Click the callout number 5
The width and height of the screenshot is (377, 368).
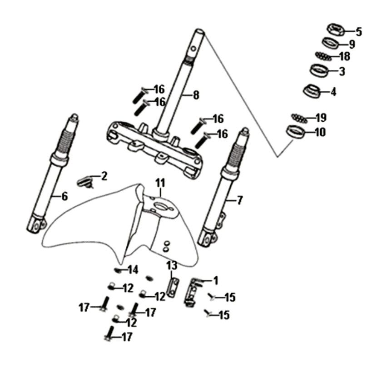[359, 32]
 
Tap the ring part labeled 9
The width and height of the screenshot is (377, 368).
[332, 43]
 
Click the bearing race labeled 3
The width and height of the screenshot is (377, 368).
[319, 70]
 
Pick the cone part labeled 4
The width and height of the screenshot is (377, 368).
[313, 90]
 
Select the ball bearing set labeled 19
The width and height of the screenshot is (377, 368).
[300, 118]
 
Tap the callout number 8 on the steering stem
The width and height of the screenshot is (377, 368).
[196, 95]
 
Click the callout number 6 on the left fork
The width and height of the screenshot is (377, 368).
[64, 196]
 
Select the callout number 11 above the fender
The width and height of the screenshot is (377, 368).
[160, 183]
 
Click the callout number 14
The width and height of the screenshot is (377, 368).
[132, 270]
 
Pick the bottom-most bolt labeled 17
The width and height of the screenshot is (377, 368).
[109, 334]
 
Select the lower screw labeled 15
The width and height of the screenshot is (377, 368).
[210, 313]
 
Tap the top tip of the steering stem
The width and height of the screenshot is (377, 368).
[199, 31]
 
